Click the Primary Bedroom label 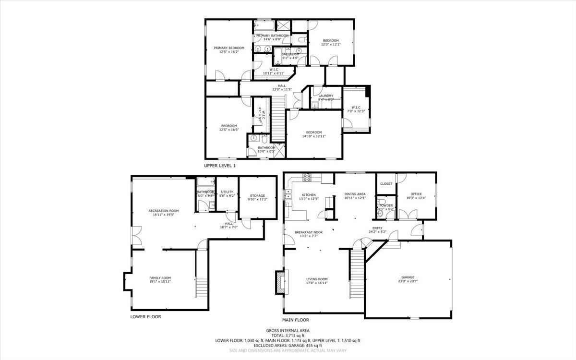[x=229, y=48]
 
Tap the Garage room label [x=408, y=277]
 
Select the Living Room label [x=317, y=279]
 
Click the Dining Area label [x=355, y=194]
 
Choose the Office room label [x=416, y=194]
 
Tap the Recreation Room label [x=163, y=211]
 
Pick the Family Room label [x=160, y=278]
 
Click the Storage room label [x=257, y=196]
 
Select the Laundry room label [x=325, y=96]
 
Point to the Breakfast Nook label [x=308, y=232]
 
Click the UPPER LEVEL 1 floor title [x=220, y=166]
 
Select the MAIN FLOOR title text [x=296, y=320]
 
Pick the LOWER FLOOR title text [x=145, y=317]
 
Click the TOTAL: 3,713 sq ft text [x=288, y=336]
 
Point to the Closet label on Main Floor [x=386, y=184]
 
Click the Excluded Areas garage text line [x=288, y=345]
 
